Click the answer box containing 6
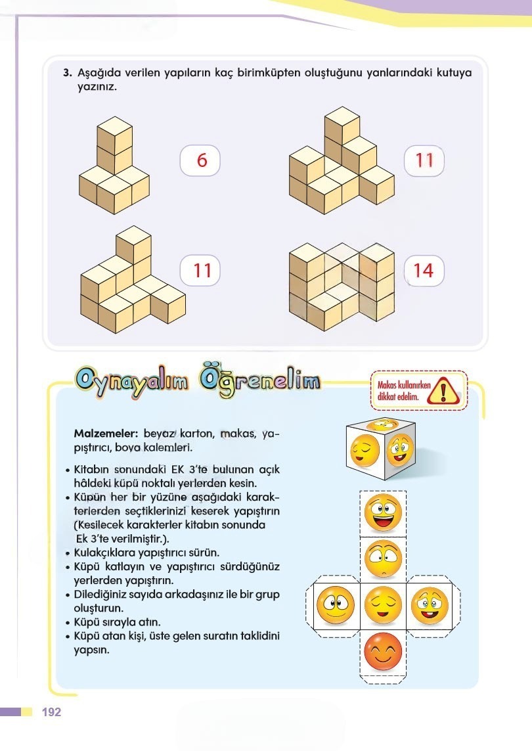201,160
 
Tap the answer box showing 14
424,270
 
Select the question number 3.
67,73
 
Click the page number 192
51,712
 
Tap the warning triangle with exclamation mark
444,392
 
